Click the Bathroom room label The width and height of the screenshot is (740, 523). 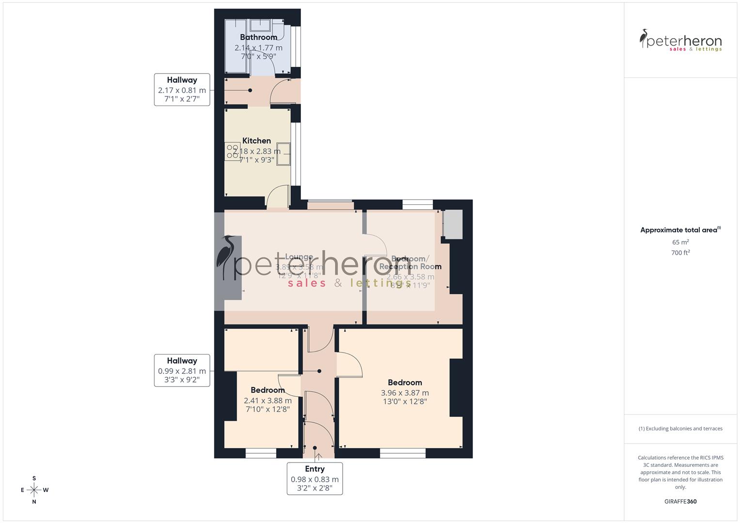258,37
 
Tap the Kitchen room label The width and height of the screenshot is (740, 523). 256,141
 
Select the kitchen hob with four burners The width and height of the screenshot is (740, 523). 233,152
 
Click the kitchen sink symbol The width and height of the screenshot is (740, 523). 283,154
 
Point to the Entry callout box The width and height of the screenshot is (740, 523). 315,478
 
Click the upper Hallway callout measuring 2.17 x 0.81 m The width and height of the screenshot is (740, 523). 182,90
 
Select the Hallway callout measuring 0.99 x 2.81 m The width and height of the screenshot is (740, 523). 182,370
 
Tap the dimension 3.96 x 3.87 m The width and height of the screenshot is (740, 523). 405,393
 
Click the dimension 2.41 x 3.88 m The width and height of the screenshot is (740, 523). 268,400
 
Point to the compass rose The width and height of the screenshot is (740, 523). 34,490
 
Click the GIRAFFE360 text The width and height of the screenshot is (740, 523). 680,502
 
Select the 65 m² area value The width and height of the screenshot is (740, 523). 680,242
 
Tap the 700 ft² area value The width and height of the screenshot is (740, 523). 680,253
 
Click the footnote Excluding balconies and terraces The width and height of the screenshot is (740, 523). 680,429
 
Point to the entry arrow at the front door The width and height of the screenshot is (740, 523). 319,456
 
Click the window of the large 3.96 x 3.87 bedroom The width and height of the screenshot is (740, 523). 403,453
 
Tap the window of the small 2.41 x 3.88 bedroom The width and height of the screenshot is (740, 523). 261,453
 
